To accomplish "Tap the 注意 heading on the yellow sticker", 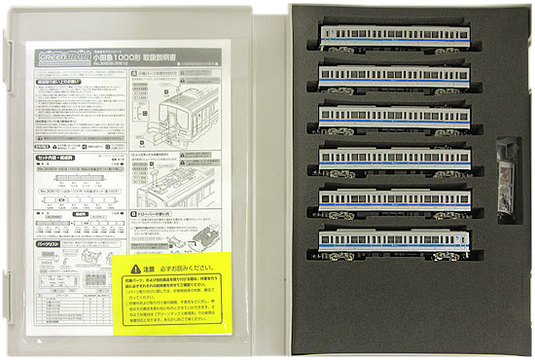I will click(x=156, y=264).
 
